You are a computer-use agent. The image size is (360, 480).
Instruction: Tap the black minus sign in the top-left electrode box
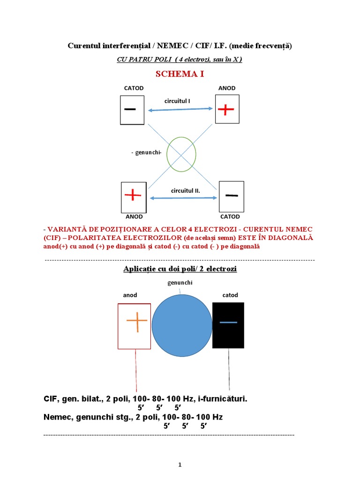coord(130,109)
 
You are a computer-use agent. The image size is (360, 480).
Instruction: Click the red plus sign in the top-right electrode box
coord(226,110)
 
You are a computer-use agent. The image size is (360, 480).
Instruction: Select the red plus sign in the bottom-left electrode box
coord(133,195)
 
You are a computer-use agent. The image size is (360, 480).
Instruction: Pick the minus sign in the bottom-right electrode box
coord(232,195)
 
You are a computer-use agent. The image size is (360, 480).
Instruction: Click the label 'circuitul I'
coord(177,101)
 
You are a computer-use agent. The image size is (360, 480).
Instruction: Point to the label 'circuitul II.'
coord(185,191)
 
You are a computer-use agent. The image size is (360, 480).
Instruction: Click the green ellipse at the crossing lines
coord(181,154)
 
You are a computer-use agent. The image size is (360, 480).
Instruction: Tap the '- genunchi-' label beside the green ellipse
coord(147,153)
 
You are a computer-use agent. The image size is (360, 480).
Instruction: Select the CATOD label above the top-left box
coord(134,88)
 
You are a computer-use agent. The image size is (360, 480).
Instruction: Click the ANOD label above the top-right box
coord(227,88)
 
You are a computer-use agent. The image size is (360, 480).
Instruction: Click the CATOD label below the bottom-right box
coord(230,217)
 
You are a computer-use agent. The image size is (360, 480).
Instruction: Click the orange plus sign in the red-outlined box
coord(136,323)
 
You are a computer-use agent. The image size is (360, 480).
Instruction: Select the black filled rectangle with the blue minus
coord(228,325)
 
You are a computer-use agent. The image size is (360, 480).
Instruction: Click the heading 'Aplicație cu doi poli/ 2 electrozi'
coord(180,269)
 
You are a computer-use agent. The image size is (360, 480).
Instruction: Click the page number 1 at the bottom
coord(180,465)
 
